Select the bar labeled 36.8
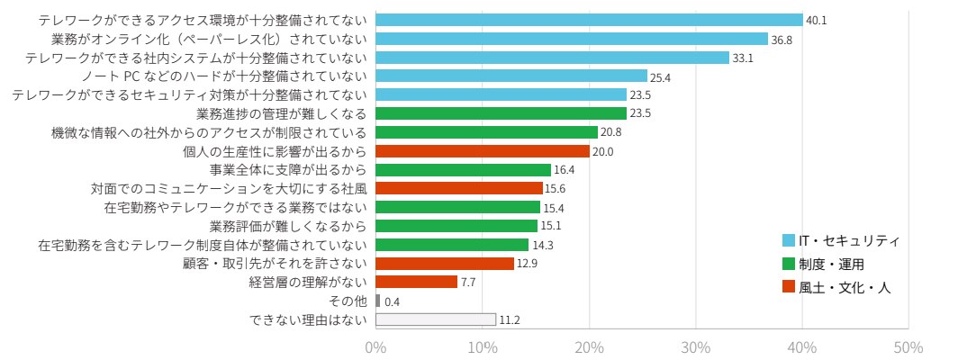point(572,39)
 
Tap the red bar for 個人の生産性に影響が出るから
point(483,151)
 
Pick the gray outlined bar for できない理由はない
point(436,319)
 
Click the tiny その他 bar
point(378,301)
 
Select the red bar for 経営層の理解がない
point(416,282)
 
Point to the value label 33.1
point(743,58)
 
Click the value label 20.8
point(611,133)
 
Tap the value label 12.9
point(527,264)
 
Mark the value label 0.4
point(392,301)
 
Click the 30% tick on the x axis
point(696,348)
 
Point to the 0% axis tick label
point(375,348)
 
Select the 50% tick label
point(908,348)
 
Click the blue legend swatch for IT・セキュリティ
point(789,240)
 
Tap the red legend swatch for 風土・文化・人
point(789,287)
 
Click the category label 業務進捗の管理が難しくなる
point(281,114)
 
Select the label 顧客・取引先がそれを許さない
point(275,264)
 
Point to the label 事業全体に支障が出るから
point(288,170)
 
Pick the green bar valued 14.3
point(452,245)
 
